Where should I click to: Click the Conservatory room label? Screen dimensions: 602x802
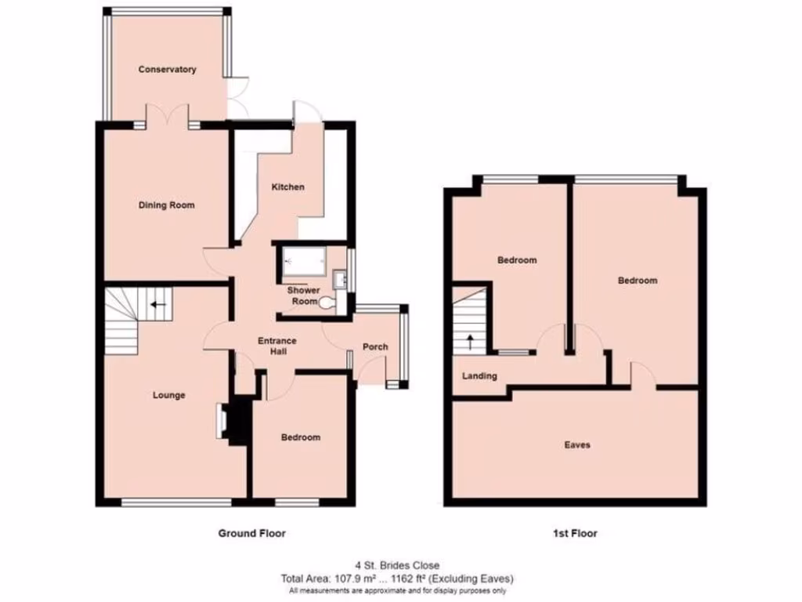[x=167, y=70]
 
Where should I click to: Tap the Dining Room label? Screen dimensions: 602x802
[x=166, y=205]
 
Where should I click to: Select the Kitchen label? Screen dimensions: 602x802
[x=287, y=187]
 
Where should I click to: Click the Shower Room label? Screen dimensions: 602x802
[x=304, y=296]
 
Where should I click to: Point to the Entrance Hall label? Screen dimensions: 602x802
[x=277, y=346]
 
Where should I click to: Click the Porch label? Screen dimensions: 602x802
[x=374, y=347]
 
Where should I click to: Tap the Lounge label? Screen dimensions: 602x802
[x=168, y=395]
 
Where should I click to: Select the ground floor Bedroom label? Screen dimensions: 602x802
[x=301, y=437]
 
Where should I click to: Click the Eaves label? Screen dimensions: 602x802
[x=577, y=445]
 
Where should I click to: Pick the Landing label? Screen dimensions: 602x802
[x=479, y=376]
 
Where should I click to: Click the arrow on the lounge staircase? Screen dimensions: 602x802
[x=159, y=304]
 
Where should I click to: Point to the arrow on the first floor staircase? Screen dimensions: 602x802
[x=470, y=341]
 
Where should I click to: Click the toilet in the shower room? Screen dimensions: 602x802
[x=327, y=301]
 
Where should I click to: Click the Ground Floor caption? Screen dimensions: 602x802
[x=251, y=534]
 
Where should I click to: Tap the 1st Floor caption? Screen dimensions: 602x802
[x=575, y=534]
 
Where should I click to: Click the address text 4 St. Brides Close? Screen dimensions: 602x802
[x=397, y=565]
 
